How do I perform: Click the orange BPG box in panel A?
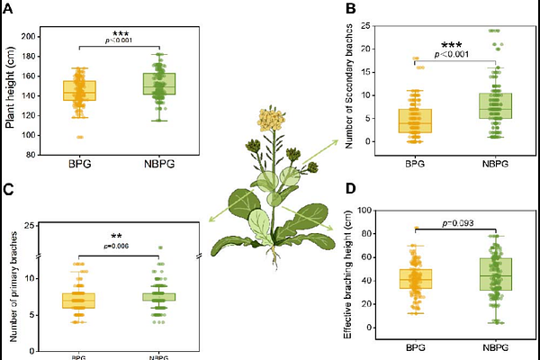(x=79, y=91)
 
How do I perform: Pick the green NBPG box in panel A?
(x=158, y=84)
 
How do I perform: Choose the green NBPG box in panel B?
(x=493, y=105)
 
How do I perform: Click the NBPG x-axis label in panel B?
(x=493, y=163)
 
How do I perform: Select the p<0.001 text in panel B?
(x=454, y=55)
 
